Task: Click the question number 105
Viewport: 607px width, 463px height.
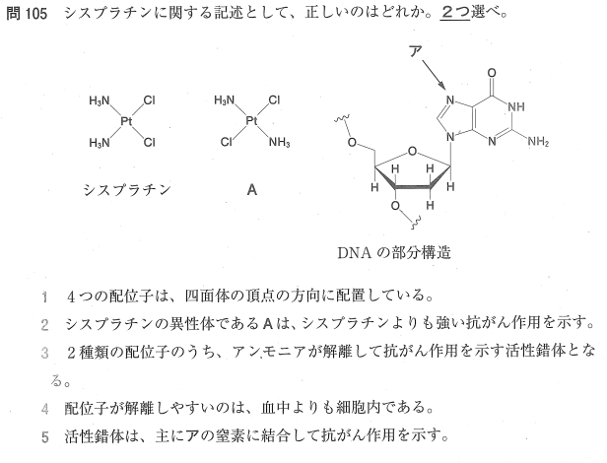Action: [35, 14]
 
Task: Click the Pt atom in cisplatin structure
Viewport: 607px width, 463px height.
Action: [126, 121]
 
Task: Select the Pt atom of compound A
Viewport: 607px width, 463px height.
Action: [251, 121]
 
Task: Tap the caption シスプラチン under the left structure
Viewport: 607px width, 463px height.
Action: [127, 190]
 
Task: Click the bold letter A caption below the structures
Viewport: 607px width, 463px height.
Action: [252, 190]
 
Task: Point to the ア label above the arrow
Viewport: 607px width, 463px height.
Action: [416, 51]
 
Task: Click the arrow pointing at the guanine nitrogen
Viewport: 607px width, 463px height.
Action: [433, 75]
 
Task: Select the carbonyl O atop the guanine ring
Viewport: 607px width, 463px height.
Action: [492, 73]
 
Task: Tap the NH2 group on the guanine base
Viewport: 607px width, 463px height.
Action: [538, 142]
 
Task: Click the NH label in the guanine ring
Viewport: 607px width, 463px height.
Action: [515, 106]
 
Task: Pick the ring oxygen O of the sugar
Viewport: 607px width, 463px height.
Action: [413, 151]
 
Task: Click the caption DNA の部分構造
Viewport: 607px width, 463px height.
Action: [394, 253]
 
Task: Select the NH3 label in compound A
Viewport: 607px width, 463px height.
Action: [279, 143]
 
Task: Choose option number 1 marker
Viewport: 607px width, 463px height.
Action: [45, 298]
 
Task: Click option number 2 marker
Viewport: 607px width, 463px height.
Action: [45, 325]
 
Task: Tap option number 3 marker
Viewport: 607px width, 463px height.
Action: [45, 353]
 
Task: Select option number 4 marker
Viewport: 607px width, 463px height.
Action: [45, 409]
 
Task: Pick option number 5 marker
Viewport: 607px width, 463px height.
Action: [45, 437]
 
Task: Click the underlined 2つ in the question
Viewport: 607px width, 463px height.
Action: [455, 13]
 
